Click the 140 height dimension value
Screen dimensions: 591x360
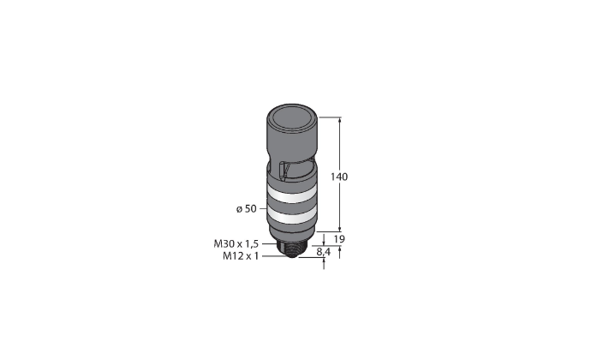click(x=339, y=177)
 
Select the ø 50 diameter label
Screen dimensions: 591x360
click(x=247, y=208)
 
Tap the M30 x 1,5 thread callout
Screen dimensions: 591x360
click(x=236, y=243)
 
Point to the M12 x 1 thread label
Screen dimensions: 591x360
click(x=241, y=256)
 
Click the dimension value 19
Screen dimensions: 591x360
click(x=339, y=239)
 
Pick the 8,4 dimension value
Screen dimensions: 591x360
click(x=323, y=252)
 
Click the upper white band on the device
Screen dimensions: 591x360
click(x=290, y=196)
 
